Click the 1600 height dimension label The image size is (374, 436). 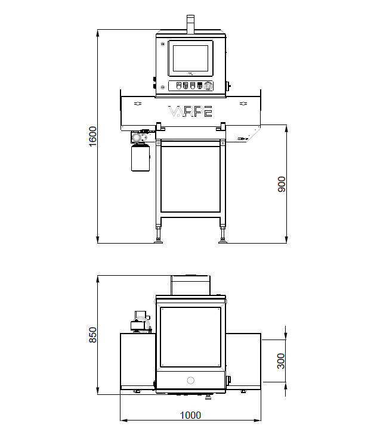92,136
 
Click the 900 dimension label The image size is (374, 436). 282,184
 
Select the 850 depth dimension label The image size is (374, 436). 92,335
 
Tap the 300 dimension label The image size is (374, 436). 282,361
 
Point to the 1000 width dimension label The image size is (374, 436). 190,415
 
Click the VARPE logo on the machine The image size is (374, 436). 190,111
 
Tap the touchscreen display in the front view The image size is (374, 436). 190,58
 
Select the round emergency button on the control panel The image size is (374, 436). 208,86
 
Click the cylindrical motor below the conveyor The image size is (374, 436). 140,157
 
